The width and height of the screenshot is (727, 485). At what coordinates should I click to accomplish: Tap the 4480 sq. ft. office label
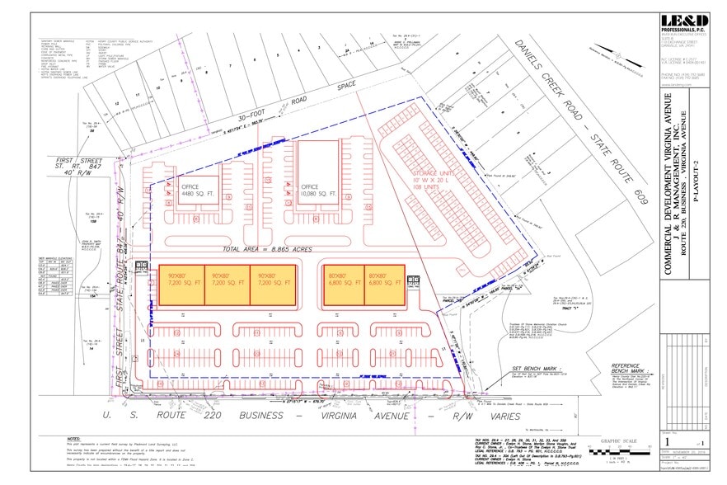coord(198,191)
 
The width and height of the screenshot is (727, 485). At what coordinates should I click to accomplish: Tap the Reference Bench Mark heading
coord(631,369)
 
